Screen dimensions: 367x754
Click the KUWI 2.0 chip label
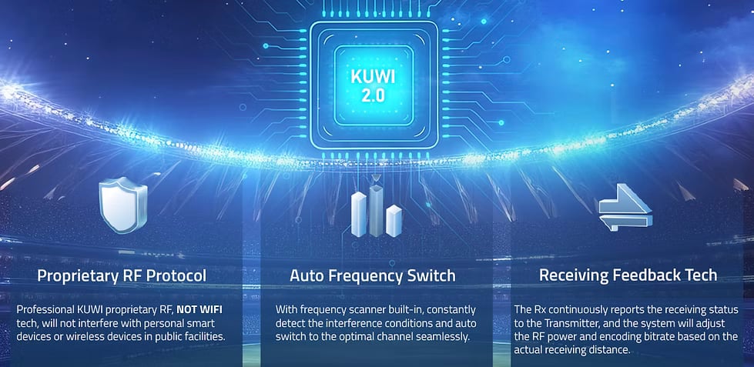pyautogui.click(x=377, y=87)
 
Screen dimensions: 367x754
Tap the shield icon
pyautogui.click(x=122, y=205)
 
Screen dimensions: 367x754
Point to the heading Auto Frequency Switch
pyautogui.click(x=373, y=275)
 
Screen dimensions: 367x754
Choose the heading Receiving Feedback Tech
pyautogui.click(x=628, y=275)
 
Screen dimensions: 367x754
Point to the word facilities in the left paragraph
pyautogui.click(x=202, y=337)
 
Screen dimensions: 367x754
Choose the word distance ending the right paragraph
pyautogui.click(x=609, y=351)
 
